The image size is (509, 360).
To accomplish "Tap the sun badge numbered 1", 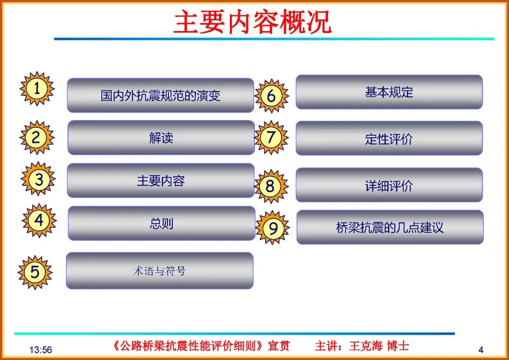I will point(37,89).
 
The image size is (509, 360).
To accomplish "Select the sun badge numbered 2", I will point(37,137).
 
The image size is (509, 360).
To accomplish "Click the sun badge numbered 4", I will point(39,220).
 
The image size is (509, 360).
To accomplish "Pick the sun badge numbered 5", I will point(35,272).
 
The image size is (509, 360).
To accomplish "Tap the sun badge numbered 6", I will point(271,96).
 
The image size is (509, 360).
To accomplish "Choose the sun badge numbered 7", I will point(271,137).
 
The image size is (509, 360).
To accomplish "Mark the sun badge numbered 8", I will point(271,186).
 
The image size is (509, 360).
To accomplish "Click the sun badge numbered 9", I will point(273,228).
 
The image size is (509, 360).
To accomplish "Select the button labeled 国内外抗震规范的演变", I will point(160,96).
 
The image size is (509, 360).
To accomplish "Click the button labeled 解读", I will point(161,138).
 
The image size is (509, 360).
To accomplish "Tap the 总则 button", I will point(162,223).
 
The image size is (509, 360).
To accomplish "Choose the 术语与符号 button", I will point(159,271).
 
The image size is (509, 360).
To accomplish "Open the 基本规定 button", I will point(389,92).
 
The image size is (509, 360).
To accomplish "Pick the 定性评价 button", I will point(389,139).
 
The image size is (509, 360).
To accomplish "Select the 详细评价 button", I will point(389,185).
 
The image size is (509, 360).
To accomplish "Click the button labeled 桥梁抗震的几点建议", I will point(390,228).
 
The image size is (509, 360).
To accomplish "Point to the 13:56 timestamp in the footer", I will point(41,350).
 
